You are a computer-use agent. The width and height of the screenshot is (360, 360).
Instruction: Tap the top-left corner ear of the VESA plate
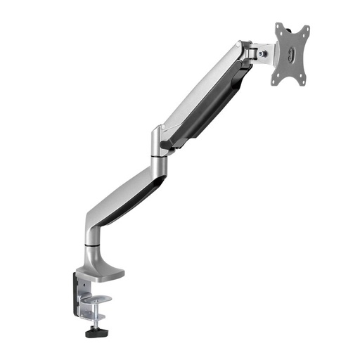click(x=278, y=27)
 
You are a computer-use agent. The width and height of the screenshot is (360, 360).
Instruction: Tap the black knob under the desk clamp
click(x=96, y=333)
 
